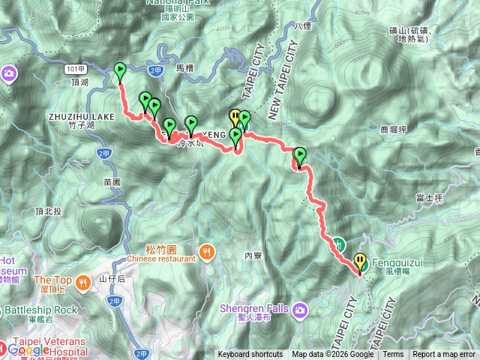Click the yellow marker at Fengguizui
tap(360, 262)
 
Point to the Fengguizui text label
tap(393, 265)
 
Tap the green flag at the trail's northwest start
tap(120, 71)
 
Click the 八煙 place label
tap(302, 26)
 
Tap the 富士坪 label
tap(430, 199)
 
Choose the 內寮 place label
tap(252, 256)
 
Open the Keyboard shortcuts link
tap(250, 355)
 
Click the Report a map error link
tap(445, 355)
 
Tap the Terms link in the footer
tap(393, 355)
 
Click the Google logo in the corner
tap(28, 349)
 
